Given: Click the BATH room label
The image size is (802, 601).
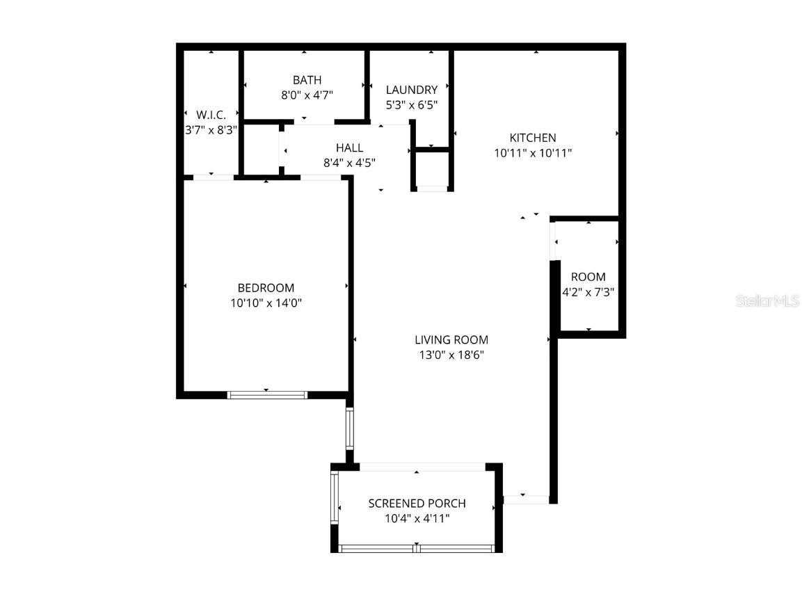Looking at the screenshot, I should pos(307,80).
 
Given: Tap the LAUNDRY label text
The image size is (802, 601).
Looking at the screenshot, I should pos(412,90).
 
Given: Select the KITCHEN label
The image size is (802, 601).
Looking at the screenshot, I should pos(533,138).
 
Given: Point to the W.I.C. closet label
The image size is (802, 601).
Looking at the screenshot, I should pos(211,115).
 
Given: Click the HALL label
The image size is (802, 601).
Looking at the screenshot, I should pos(349,147).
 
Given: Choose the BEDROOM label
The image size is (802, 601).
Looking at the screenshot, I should pos(266,287).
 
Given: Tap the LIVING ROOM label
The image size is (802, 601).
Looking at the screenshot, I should pos(451,339).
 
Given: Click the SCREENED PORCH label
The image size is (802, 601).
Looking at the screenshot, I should pos(417,503).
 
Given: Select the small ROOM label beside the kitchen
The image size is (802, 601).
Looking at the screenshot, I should pos(588,277).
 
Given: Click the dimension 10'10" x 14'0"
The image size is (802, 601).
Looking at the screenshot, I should pos(266,303).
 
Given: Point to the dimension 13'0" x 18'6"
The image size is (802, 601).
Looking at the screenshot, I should pos(451,355).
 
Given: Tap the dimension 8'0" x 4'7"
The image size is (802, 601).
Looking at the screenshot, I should pos(307,95).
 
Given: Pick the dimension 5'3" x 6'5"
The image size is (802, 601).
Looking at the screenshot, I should pos(412,105).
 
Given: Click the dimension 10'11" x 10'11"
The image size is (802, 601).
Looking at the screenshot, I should pos(533,153).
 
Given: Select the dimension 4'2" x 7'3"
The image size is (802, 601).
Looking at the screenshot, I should pos(588,292).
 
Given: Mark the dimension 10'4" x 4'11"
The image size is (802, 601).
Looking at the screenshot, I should pos(417,518).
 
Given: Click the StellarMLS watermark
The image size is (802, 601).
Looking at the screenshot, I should pos(768,300).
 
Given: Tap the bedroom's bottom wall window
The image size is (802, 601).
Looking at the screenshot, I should pos(267,395).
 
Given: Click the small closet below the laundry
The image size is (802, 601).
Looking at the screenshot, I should pos(431,169).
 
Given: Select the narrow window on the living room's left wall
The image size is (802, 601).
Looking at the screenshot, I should pos(350,429).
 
